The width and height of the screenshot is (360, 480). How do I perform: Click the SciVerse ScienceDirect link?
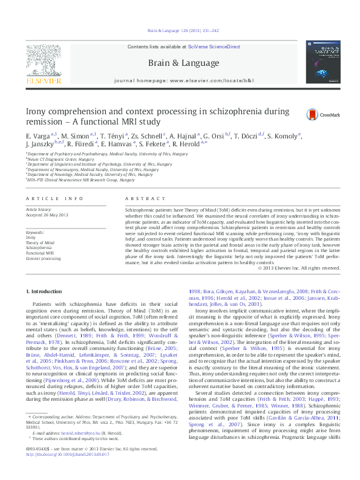point(214,47)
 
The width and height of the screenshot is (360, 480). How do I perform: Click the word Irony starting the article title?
point(36,112)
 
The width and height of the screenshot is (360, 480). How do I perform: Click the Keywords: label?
point(36,232)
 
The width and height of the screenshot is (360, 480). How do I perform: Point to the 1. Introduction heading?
point(47,291)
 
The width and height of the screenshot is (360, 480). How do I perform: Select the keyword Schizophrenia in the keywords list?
point(38,248)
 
